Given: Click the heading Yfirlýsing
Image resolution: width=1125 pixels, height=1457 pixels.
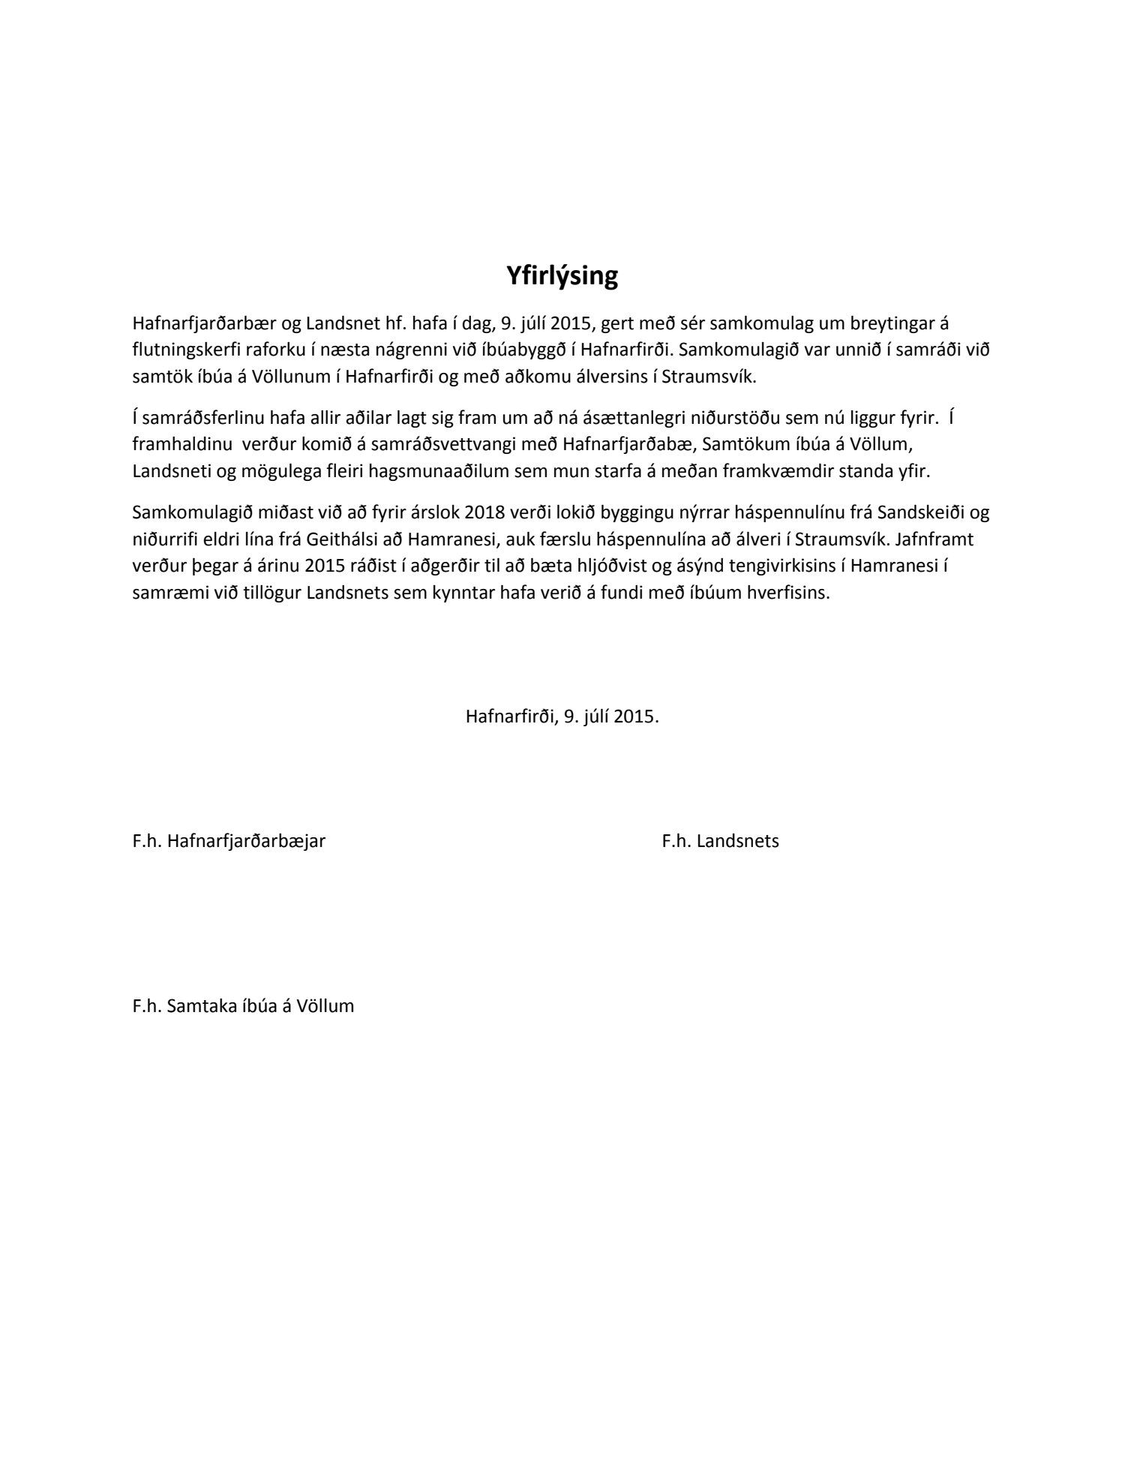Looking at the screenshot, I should pyautogui.click(x=562, y=276).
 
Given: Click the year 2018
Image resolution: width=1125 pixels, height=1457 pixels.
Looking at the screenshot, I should pyautogui.click(x=484, y=513).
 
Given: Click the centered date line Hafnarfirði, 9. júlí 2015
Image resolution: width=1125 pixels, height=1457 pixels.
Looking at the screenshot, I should pyautogui.click(x=562, y=716).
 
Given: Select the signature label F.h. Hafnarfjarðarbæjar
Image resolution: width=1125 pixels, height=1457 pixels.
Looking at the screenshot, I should pyautogui.click(x=229, y=841).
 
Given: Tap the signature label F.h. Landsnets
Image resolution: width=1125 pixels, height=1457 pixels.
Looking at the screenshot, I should pyautogui.click(x=720, y=841).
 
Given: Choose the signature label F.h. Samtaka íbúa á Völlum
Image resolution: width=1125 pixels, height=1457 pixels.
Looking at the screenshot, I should pyautogui.click(x=243, y=1006).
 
